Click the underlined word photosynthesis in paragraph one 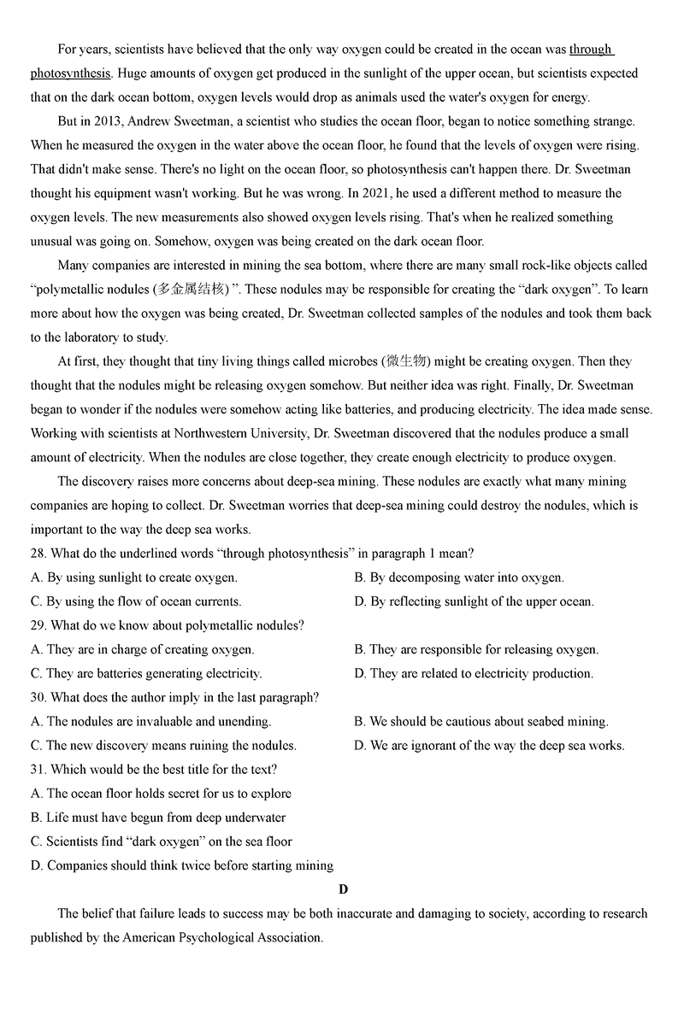[70, 73]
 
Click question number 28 [38, 554]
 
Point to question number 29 [38, 625]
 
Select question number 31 [38, 769]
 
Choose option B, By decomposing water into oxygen [459, 577]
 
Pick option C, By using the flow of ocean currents [136, 601]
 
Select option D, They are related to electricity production [474, 673]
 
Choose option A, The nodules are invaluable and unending [150, 721]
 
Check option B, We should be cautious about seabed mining [481, 721]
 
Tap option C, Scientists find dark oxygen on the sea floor [161, 841]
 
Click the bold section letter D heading [343, 889]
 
